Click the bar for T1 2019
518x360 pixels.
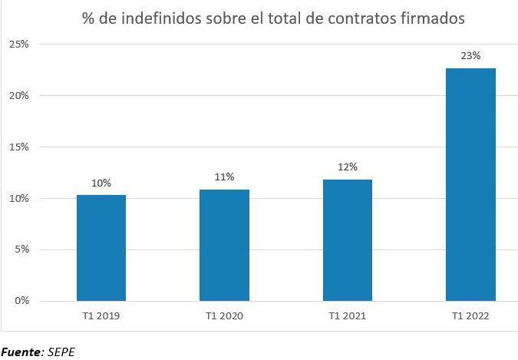pos(101,247)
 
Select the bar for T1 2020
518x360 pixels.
pos(224,245)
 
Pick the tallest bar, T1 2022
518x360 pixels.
pos(470,184)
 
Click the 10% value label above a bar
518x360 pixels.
pos(101,183)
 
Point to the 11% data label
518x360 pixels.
pos(224,177)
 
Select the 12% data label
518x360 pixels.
pos(348,167)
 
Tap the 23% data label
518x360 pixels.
pos(470,55)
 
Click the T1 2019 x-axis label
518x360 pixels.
pos(101,315)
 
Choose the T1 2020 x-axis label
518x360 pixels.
pos(224,315)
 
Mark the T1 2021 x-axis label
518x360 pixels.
pos(348,315)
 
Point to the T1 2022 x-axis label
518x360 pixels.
pos(470,315)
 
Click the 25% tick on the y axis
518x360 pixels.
pos(18,45)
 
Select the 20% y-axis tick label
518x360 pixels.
pos(18,96)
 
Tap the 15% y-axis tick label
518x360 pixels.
pos(18,147)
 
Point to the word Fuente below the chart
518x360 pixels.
pos(21,352)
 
